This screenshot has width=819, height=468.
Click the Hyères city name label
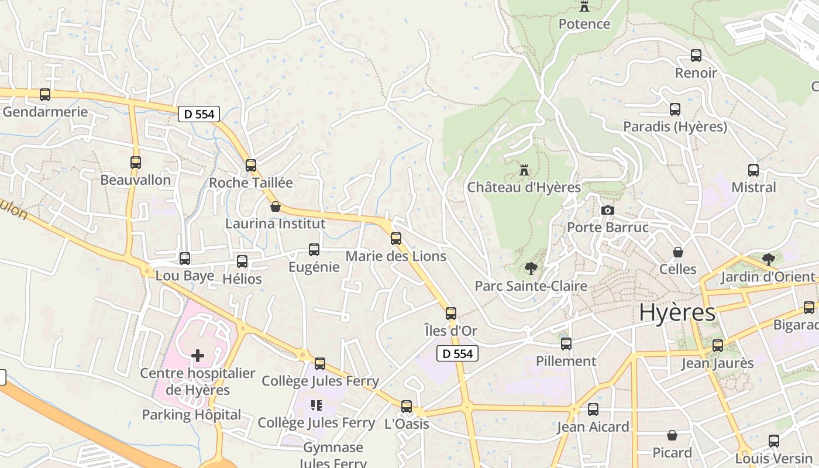pos(677,312)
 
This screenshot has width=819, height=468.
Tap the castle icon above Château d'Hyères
pos(524,170)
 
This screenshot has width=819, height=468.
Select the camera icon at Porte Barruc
pos(608,210)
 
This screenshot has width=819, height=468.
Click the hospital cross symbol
pos(198,355)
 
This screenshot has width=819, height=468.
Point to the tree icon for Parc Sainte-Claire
pos(531,269)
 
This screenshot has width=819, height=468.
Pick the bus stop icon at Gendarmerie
pos(45,95)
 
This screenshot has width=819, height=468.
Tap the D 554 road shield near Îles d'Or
pos(457,353)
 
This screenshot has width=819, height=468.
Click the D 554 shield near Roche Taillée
pos(199,114)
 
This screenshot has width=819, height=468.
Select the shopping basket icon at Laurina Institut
pos(276,207)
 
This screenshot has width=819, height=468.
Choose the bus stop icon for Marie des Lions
pos(396,239)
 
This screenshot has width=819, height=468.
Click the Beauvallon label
pos(136,180)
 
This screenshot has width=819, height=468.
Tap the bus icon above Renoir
pos(696,56)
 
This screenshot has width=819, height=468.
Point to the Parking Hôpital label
pos(191,415)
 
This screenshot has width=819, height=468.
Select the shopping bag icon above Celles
pos(678,252)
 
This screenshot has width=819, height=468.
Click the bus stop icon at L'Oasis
pos(407,406)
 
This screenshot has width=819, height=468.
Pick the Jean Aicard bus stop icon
pos(593,409)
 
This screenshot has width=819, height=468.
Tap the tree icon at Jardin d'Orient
pos(769,259)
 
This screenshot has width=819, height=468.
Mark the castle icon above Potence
pos(584,6)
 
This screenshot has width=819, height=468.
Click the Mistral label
pos(754,187)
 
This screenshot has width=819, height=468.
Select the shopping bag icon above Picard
pos(672,435)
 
